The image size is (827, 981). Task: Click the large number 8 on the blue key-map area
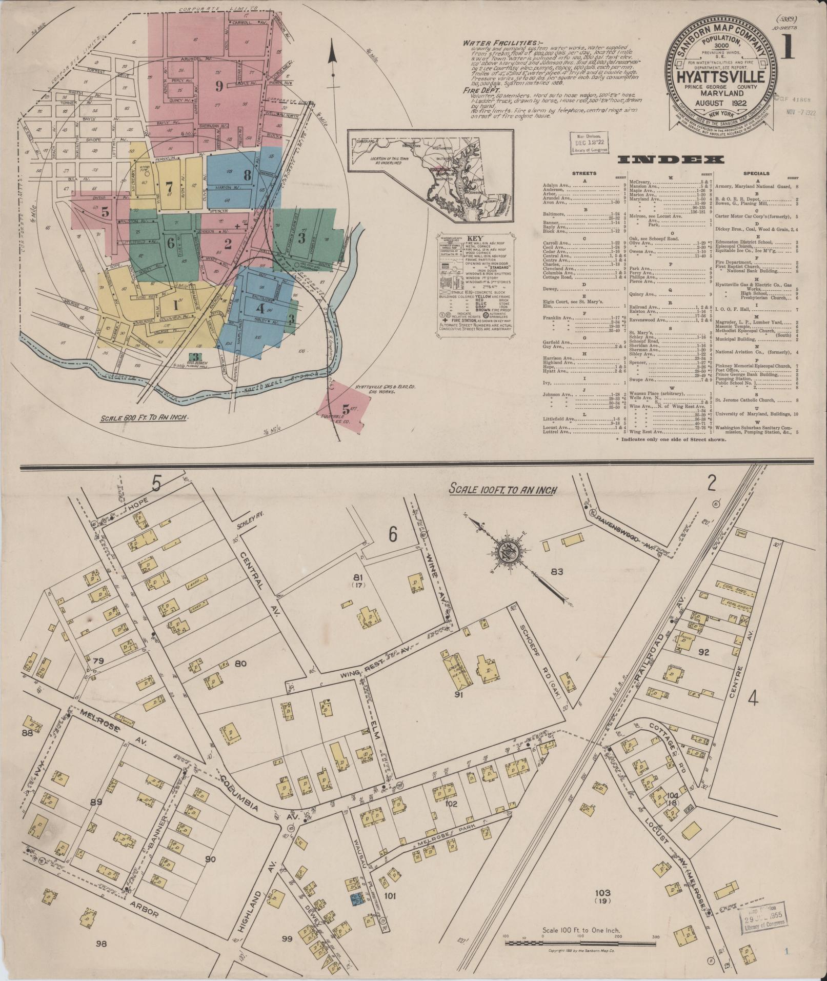point(247,174)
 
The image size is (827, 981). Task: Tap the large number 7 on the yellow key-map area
point(169,186)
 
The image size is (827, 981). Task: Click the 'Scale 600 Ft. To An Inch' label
point(144,416)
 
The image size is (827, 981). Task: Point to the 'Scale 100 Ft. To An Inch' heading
point(502,490)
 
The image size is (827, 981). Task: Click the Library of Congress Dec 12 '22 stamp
point(589,142)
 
